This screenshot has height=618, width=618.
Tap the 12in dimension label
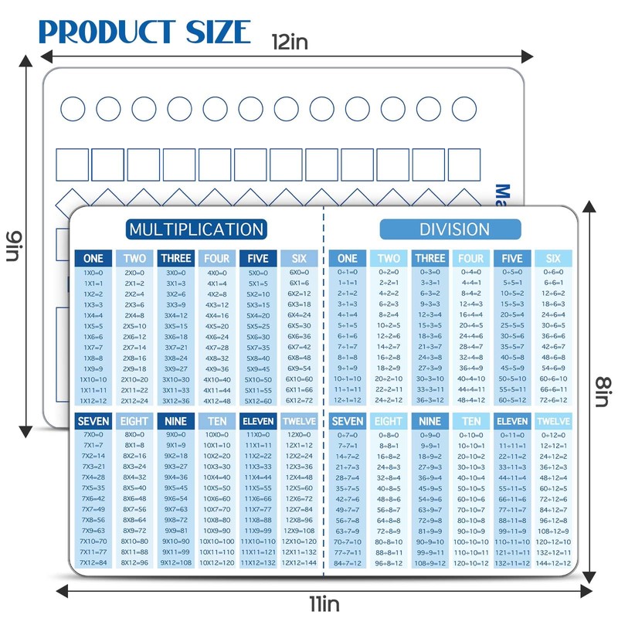tap(289, 42)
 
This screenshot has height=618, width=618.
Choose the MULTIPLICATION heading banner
tap(196, 229)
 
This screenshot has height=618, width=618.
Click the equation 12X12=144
tap(299, 563)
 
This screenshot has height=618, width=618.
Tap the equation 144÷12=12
tap(553, 563)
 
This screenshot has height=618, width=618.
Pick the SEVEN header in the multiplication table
tap(93, 422)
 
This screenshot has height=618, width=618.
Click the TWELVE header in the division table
tap(553, 422)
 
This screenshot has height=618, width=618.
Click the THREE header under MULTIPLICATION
tap(175, 259)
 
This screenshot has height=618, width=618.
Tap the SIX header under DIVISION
tap(553, 259)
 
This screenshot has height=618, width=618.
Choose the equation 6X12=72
tap(299, 400)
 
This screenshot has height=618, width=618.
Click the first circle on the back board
tap(73, 109)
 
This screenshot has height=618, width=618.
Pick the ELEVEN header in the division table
tap(512, 422)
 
